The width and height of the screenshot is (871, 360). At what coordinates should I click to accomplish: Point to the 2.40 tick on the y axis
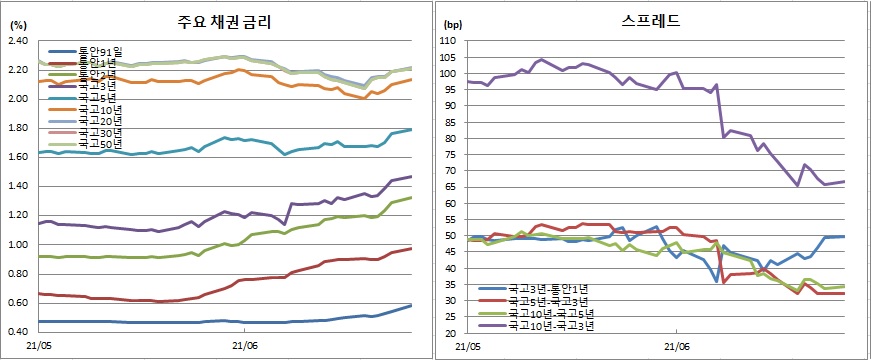click(18, 41)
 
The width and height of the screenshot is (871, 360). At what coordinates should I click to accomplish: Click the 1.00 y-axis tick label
click(18, 245)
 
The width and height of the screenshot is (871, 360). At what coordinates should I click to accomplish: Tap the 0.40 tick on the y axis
click(18, 332)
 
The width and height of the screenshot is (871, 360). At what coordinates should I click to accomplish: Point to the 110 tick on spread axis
click(450, 41)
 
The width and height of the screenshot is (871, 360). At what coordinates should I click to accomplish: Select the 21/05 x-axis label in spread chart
click(468, 346)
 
